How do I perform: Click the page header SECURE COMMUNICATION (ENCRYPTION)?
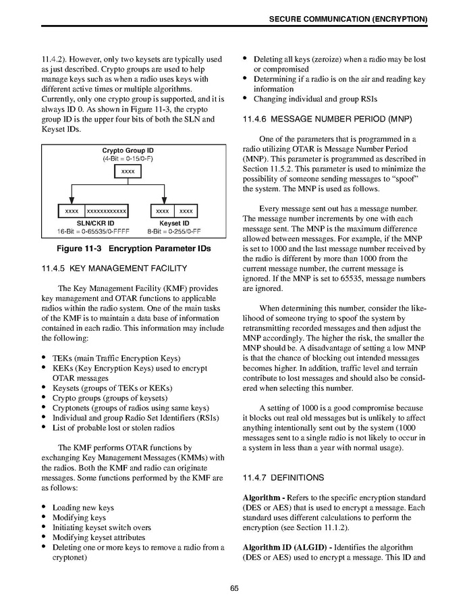(348, 20)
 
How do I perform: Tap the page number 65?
(234, 588)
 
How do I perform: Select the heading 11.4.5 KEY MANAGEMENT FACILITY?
(109, 269)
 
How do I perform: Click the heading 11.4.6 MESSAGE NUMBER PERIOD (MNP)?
(322, 120)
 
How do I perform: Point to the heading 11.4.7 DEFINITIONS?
(283, 477)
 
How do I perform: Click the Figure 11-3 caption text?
(133, 248)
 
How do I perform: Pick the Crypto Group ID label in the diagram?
(128, 151)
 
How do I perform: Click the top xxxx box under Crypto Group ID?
(128, 172)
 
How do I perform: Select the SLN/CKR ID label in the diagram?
(94, 223)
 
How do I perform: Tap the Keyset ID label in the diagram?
(174, 223)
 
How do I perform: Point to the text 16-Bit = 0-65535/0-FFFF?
(94, 232)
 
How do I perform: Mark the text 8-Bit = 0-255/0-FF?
(174, 232)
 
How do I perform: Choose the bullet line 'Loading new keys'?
(83, 508)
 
